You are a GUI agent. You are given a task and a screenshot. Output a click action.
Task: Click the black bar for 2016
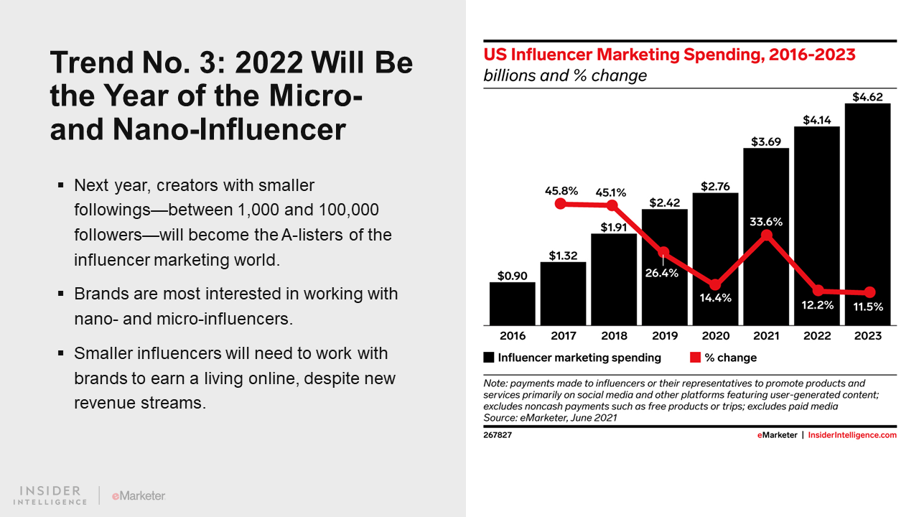point(512,303)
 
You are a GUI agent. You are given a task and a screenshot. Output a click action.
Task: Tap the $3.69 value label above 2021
point(766,141)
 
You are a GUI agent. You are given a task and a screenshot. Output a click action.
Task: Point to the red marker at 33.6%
point(767,236)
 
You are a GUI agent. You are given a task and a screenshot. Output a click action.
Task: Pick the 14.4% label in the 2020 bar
point(715,297)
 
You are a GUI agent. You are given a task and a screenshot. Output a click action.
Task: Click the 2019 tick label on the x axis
point(665,335)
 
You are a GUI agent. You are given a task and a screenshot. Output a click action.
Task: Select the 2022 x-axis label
point(817,335)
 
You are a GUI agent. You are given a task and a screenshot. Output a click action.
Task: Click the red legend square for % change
point(695,358)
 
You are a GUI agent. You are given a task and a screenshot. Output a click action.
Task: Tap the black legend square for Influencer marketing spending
point(489,358)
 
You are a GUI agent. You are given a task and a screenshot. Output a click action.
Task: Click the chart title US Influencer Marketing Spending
point(669,55)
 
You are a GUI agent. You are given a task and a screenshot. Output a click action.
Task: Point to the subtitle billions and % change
point(565,75)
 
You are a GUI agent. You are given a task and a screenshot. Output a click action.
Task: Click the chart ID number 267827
point(498,435)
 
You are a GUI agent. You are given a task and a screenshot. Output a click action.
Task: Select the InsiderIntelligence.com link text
point(852,435)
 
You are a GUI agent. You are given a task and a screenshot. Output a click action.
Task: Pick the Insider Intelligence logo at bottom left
point(50,495)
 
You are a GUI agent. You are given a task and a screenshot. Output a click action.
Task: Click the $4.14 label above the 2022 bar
point(817,120)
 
